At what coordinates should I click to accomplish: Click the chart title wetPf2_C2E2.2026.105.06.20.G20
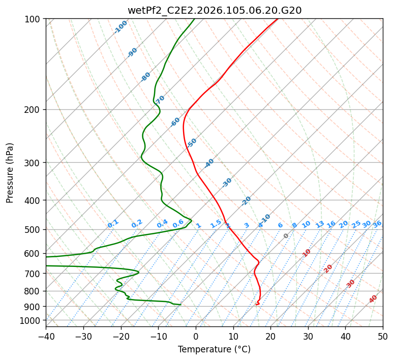coord(214,10)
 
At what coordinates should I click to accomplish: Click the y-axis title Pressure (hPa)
coord(10,172)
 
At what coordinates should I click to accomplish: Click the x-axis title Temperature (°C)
coord(214,349)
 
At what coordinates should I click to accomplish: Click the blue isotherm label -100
coord(120,27)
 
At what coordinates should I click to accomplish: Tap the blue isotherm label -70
coord(160,99)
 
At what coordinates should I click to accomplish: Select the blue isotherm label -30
coord(227,183)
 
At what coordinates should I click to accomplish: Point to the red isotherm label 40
coord(373,299)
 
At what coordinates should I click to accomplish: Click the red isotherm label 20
coord(328,268)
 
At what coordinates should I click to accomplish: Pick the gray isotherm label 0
coord(286,236)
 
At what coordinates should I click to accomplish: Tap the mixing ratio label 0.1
coord(113,223)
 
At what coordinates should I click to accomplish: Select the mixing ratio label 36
coord(377,224)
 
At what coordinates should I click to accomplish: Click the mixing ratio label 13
coord(320,224)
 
